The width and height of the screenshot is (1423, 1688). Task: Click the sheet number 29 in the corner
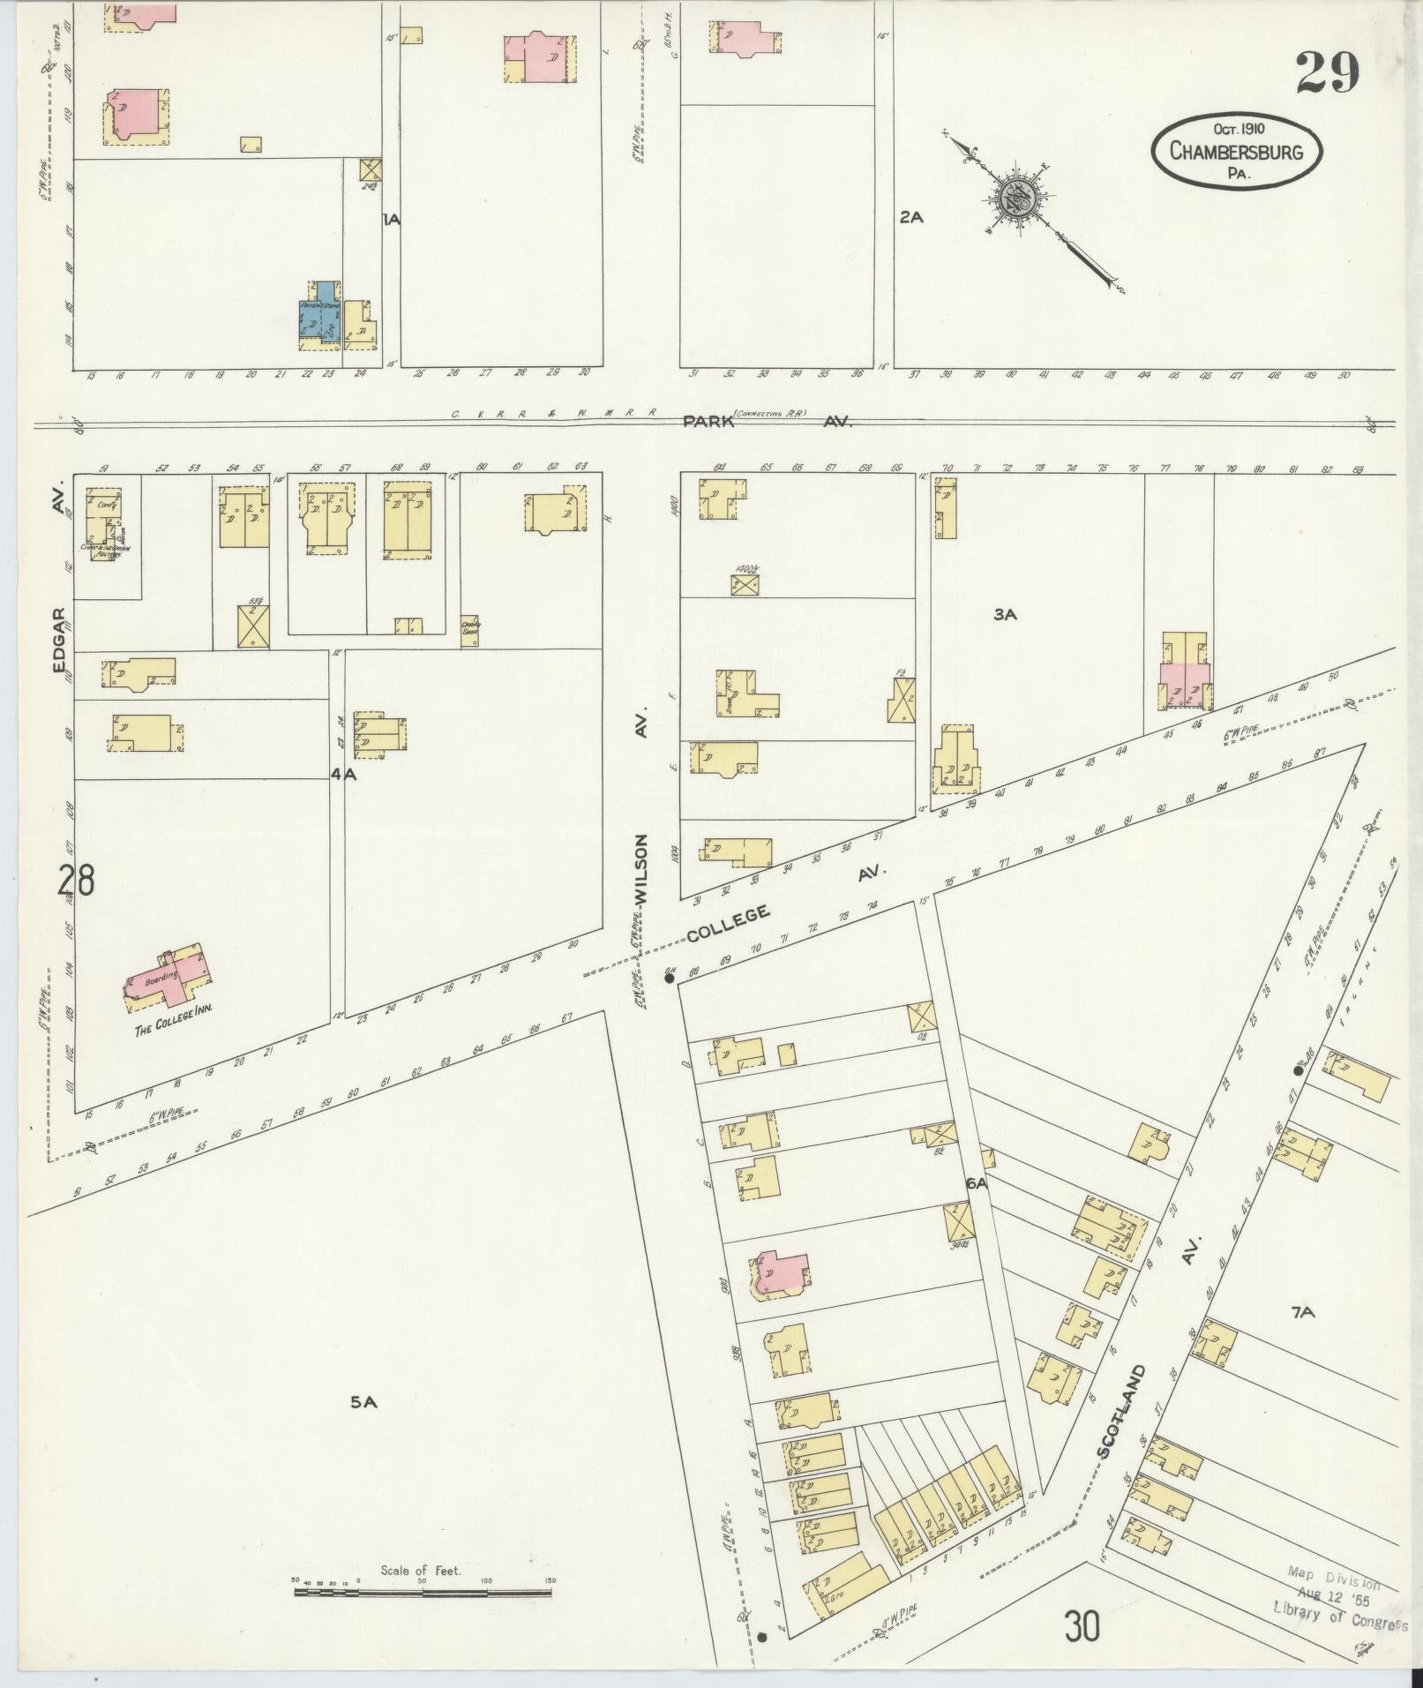pos(1327,73)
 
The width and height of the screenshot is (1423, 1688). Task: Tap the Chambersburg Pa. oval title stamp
pos(1237,151)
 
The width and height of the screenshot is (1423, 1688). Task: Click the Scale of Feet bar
pos(423,1592)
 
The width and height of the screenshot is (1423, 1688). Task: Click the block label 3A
pos(1005,615)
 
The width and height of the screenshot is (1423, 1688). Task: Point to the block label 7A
pos(1303,1338)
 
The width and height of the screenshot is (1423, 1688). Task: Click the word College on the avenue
pos(728,924)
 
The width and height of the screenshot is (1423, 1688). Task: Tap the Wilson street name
pos(641,869)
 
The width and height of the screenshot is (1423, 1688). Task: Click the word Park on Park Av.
pos(709,422)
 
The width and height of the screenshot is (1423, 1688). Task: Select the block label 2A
pos(911,217)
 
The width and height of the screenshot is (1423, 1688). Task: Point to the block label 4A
pos(343,774)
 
